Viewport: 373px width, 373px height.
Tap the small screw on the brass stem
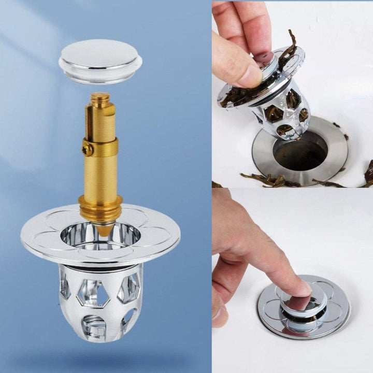pos(88,149)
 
